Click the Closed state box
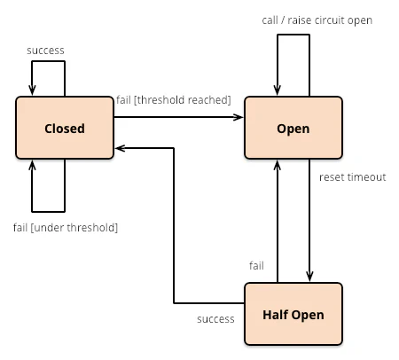(x=65, y=128)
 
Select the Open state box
(x=293, y=128)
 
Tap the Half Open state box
(x=293, y=314)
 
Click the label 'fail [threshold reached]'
(x=174, y=100)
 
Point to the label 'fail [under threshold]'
(x=66, y=228)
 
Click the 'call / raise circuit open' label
(x=317, y=20)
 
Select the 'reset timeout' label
(x=353, y=177)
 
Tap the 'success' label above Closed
(x=45, y=51)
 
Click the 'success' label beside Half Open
(x=215, y=319)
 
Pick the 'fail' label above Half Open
(x=256, y=266)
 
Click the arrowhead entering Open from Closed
(x=239, y=117)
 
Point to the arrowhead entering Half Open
(x=309, y=277)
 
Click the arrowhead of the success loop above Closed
(x=32, y=90)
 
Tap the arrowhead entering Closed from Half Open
(x=120, y=148)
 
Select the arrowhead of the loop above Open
(x=278, y=90)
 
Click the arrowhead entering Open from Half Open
(x=278, y=165)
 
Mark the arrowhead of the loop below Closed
(x=32, y=165)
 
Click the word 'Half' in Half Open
(x=273, y=315)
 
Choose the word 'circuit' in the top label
(x=329, y=20)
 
